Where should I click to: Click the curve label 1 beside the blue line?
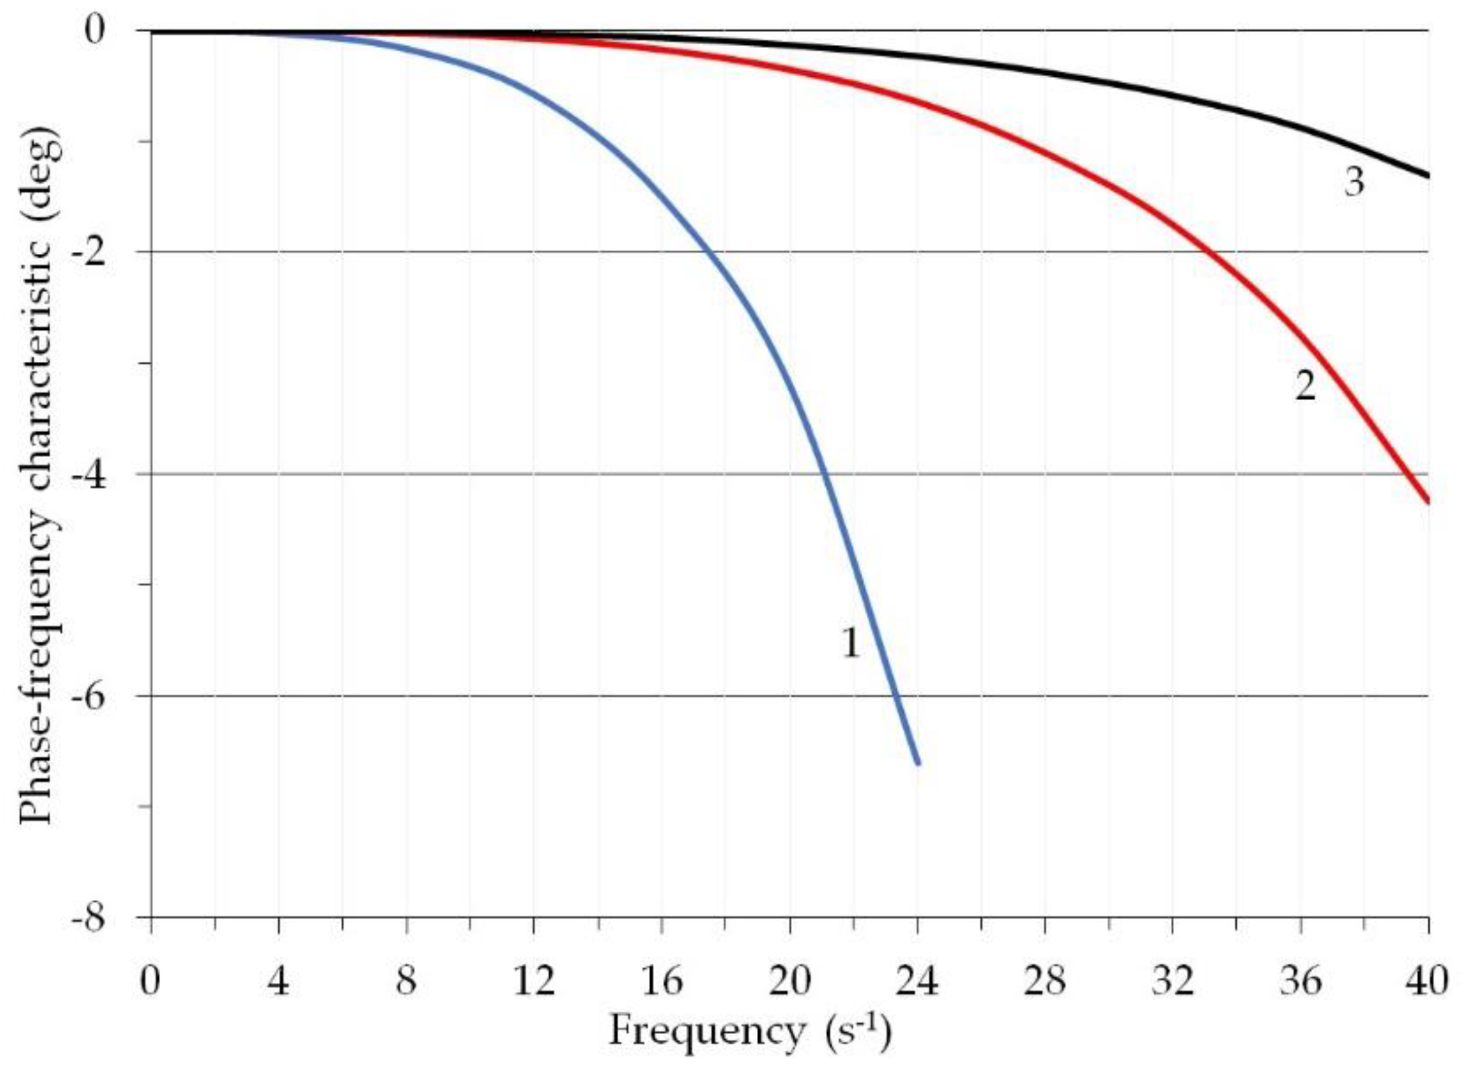pos(851,644)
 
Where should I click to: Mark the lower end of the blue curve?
pos(918,764)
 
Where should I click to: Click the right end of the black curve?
pos(1428,176)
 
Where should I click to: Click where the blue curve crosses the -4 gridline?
pos(826,474)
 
